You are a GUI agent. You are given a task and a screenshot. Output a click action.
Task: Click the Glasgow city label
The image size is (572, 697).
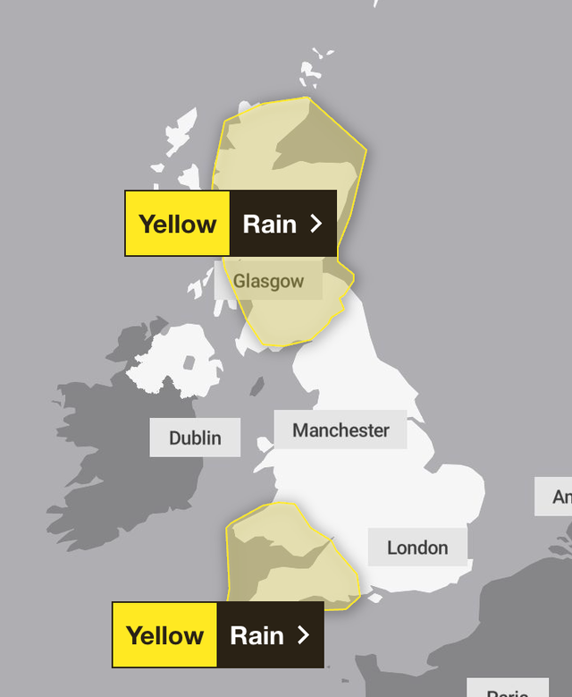pyautogui.click(x=268, y=281)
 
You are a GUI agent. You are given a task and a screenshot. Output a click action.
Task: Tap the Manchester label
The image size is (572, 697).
pyautogui.click(x=341, y=430)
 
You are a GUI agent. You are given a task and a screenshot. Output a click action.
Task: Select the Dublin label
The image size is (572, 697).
pyautogui.click(x=195, y=438)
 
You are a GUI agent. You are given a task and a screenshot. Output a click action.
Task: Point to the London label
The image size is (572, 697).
pyautogui.click(x=417, y=548)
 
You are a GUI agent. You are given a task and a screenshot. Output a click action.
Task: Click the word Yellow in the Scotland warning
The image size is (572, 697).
pyautogui.click(x=177, y=224)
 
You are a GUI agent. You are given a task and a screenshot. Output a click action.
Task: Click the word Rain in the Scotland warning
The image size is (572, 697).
pyautogui.click(x=269, y=224)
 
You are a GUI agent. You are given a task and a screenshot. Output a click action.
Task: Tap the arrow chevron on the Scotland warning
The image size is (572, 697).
pyautogui.click(x=315, y=224)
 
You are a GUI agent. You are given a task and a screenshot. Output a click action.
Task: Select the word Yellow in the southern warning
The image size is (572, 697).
pyautogui.click(x=164, y=635)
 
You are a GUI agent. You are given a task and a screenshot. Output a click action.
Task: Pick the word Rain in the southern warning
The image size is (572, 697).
pyautogui.click(x=257, y=635)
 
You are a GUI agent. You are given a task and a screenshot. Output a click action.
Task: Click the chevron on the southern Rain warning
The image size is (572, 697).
pyautogui.click(x=303, y=635)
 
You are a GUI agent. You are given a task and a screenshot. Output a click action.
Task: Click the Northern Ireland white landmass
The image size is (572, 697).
pyautogui.click(x=170, y=358)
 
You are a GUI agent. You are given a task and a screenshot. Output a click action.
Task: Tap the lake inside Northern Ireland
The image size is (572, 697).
pyautogui.click(x=189, y=364)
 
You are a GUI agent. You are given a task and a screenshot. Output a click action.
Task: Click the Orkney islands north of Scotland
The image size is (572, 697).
pyautogui.click(x=310, y=72)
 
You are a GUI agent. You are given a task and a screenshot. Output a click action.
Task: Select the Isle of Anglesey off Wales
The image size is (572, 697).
pyautogui.click(x=264, y=444)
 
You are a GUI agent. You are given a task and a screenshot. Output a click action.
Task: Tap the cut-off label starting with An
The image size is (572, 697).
pyautogui.click(x=555, y=497)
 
